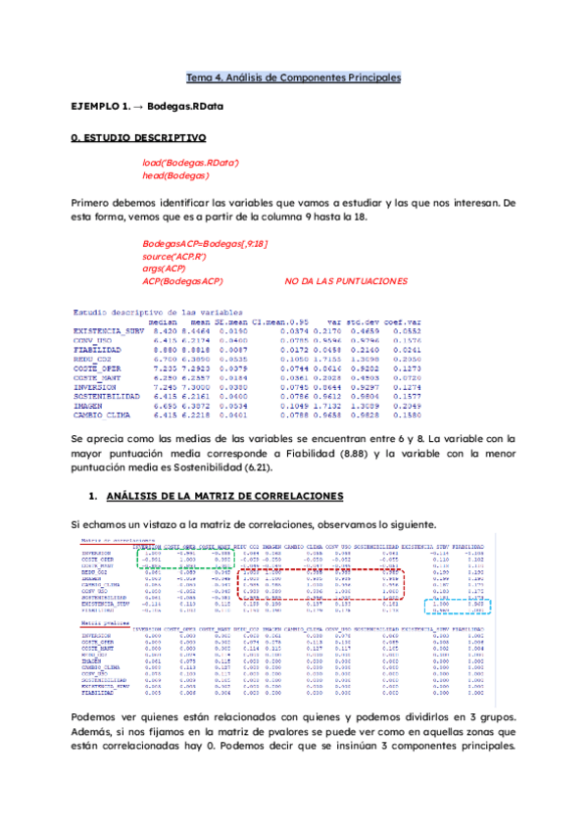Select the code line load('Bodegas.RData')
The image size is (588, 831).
(190, 162)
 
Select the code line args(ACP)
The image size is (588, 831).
(164, 269)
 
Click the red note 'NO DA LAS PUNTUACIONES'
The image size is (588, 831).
(345, 281)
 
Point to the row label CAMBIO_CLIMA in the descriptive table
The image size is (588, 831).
(100, 417)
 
